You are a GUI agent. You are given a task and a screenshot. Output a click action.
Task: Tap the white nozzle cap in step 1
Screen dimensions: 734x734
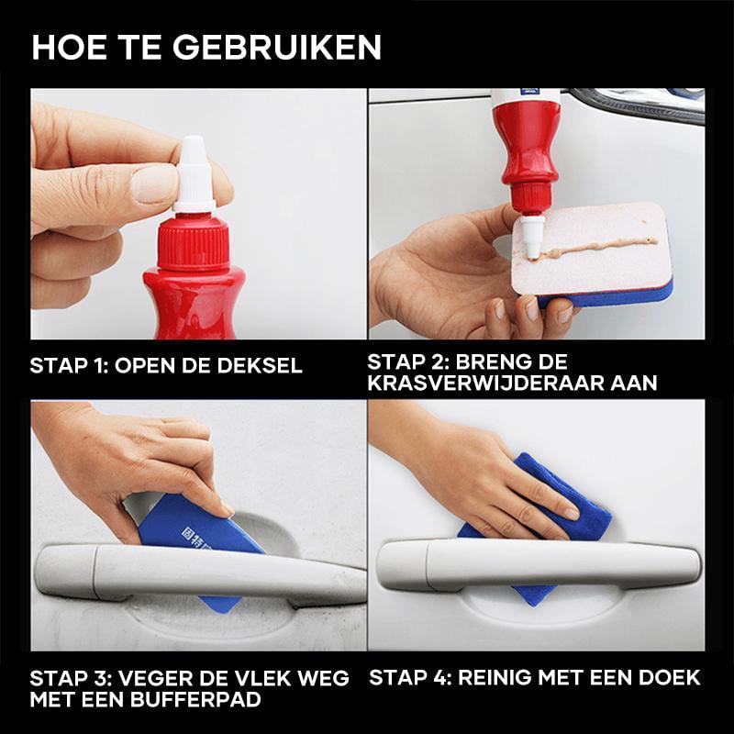[x=193, y=170]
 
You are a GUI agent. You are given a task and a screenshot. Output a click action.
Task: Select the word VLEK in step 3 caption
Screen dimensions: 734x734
[x=240, y=678]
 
